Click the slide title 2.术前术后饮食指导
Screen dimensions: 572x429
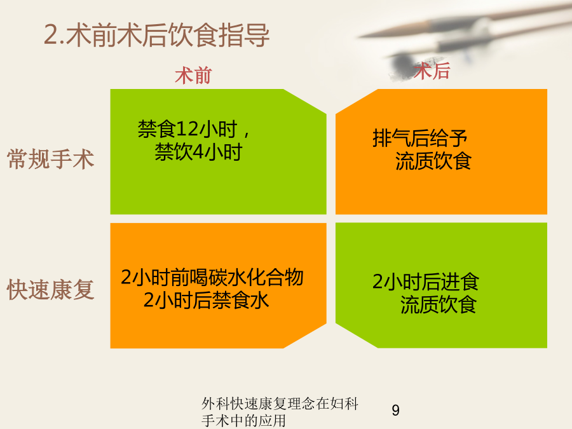click(156, 36)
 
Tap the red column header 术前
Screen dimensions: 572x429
click(193, 76)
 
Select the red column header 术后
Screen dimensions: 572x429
click(432, 71)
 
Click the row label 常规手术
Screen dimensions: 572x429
click(51, 159)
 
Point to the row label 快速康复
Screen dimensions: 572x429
click(51, 290)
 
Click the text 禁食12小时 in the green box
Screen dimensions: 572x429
click(187, 129)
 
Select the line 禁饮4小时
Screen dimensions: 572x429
click(199, 152)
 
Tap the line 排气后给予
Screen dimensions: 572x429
click(420, 139)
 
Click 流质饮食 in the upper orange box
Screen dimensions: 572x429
click(433, 161)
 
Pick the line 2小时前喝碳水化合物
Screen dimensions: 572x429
click(212, 277)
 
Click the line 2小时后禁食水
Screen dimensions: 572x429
click(206, 300)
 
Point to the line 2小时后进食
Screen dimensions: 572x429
click(426, 282)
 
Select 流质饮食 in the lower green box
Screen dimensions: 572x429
click(439, 304)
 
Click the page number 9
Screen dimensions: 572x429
click(396, 411)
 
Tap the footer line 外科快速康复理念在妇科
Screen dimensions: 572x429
click(280, 404)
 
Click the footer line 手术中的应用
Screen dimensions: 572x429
click(243, 421)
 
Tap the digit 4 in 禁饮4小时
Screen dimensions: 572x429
click(198, 152)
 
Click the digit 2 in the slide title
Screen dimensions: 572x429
click(51, 36)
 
